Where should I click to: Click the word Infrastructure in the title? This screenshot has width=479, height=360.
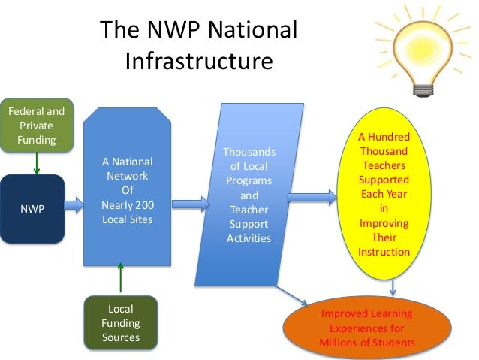point(198,59)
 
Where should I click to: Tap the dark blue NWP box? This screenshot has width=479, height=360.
point(36,208)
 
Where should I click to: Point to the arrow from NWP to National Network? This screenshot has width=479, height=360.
point(74,204)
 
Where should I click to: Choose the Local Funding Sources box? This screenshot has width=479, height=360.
point(121,323)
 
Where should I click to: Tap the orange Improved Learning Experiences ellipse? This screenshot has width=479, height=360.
point(366,328)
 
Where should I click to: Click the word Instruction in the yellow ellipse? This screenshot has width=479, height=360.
point(384,252)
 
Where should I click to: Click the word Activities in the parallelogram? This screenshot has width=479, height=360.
point(249,238)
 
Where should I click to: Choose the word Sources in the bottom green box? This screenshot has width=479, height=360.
point(121,337)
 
